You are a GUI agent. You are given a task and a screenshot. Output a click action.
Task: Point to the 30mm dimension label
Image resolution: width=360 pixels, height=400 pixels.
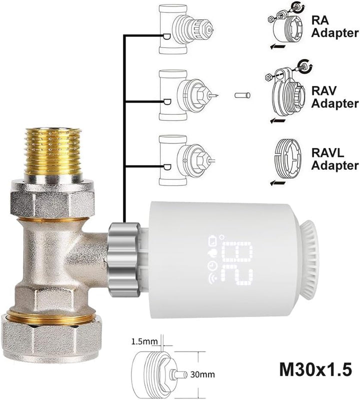200,373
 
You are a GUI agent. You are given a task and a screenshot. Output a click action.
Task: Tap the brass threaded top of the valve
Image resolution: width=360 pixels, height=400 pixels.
53,152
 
